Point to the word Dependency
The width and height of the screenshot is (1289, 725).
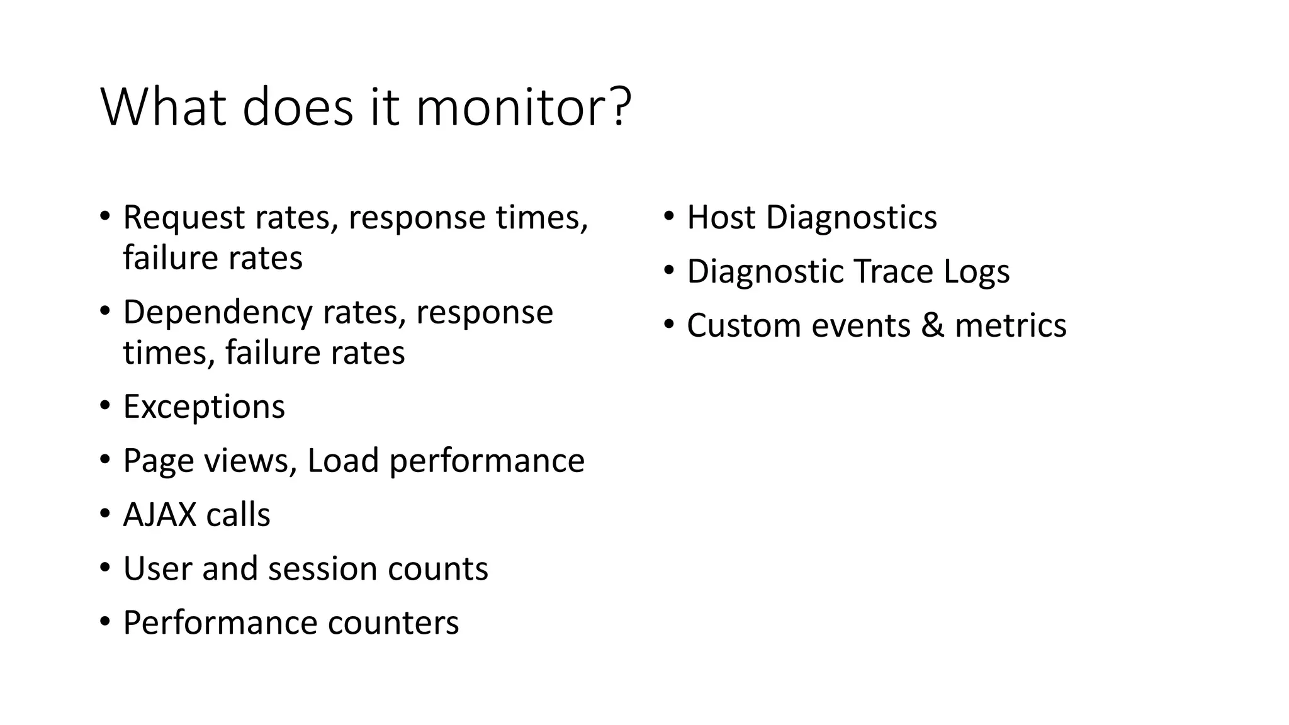[217, 313]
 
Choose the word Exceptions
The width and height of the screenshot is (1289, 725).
[204, 407]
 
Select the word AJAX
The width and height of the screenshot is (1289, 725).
[160, 515]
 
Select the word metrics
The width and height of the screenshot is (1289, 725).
[1010, 325]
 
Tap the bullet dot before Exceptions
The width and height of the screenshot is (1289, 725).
[104, 405]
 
